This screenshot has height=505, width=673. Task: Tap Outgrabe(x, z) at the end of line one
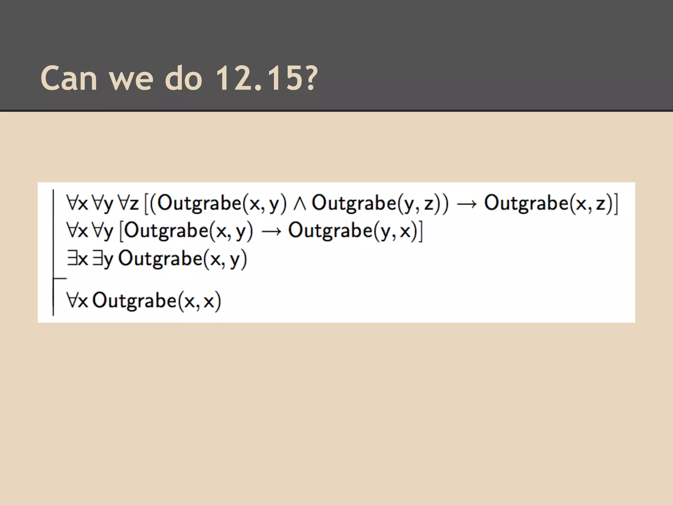pyautogui.click(x=547, y=203)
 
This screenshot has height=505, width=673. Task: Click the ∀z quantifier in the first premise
pyautogui.click(x=128, y=203)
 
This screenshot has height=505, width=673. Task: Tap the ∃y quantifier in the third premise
pyautogui.click(x=103, y=259)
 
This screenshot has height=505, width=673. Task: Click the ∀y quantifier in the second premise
pyautogui.click(x=103, y=231)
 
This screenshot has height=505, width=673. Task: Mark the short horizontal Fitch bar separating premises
pyautogui.click(x=60, y=278)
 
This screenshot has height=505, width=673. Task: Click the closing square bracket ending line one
pyautogui.click(x=616, y=204)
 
